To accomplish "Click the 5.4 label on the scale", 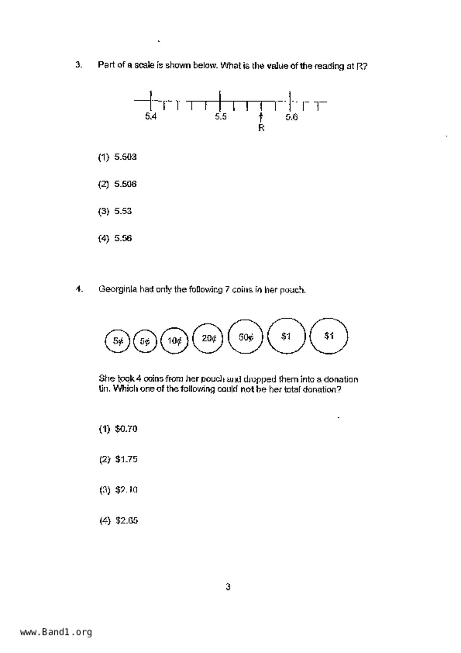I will click(x=151, y=117).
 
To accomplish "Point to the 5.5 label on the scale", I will click(x=221, y=117).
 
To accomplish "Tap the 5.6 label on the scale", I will click(x=291, y=117).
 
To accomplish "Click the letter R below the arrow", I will click(x=261, y=128).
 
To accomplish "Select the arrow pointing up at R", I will click(x=261, y=117).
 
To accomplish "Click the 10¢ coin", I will click(x=174, y=340).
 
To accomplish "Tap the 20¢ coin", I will click(x=208, y=338).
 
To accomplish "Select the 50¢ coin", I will click(x=246, y=337).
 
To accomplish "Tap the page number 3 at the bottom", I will click(x=228, y=587).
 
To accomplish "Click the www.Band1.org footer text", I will click(x=56, y=632).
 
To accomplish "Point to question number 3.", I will click(x=79, y=65).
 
